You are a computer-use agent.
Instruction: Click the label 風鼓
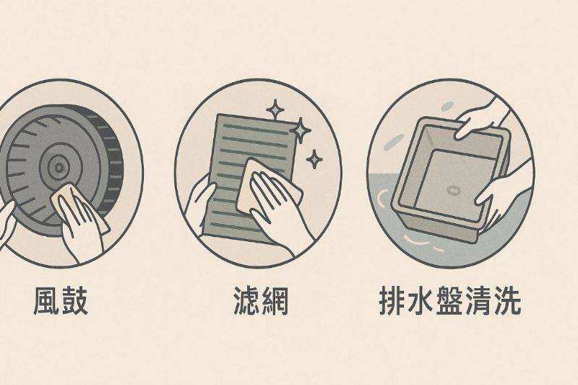coord(61,301)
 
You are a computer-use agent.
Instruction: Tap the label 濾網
coord(261,301)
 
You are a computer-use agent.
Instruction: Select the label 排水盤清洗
coord(450,301)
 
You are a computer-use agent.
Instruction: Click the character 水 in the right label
coord(421,301)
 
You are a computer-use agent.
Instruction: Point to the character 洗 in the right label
coord(507,301)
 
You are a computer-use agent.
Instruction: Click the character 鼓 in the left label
coord(75,301)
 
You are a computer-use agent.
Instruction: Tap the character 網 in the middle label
coord(275,301)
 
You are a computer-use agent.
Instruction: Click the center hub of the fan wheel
coord(59,168)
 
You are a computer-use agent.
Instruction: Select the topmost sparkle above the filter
coord(275,109)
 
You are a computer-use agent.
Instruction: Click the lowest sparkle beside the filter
coord(314,159)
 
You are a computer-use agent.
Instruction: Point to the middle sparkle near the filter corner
coord(301,130)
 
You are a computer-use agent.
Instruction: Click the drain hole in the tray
coord(453,190)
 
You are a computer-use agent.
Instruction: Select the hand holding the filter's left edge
coord(199,203)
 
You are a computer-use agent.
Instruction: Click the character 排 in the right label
coord(393,301)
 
